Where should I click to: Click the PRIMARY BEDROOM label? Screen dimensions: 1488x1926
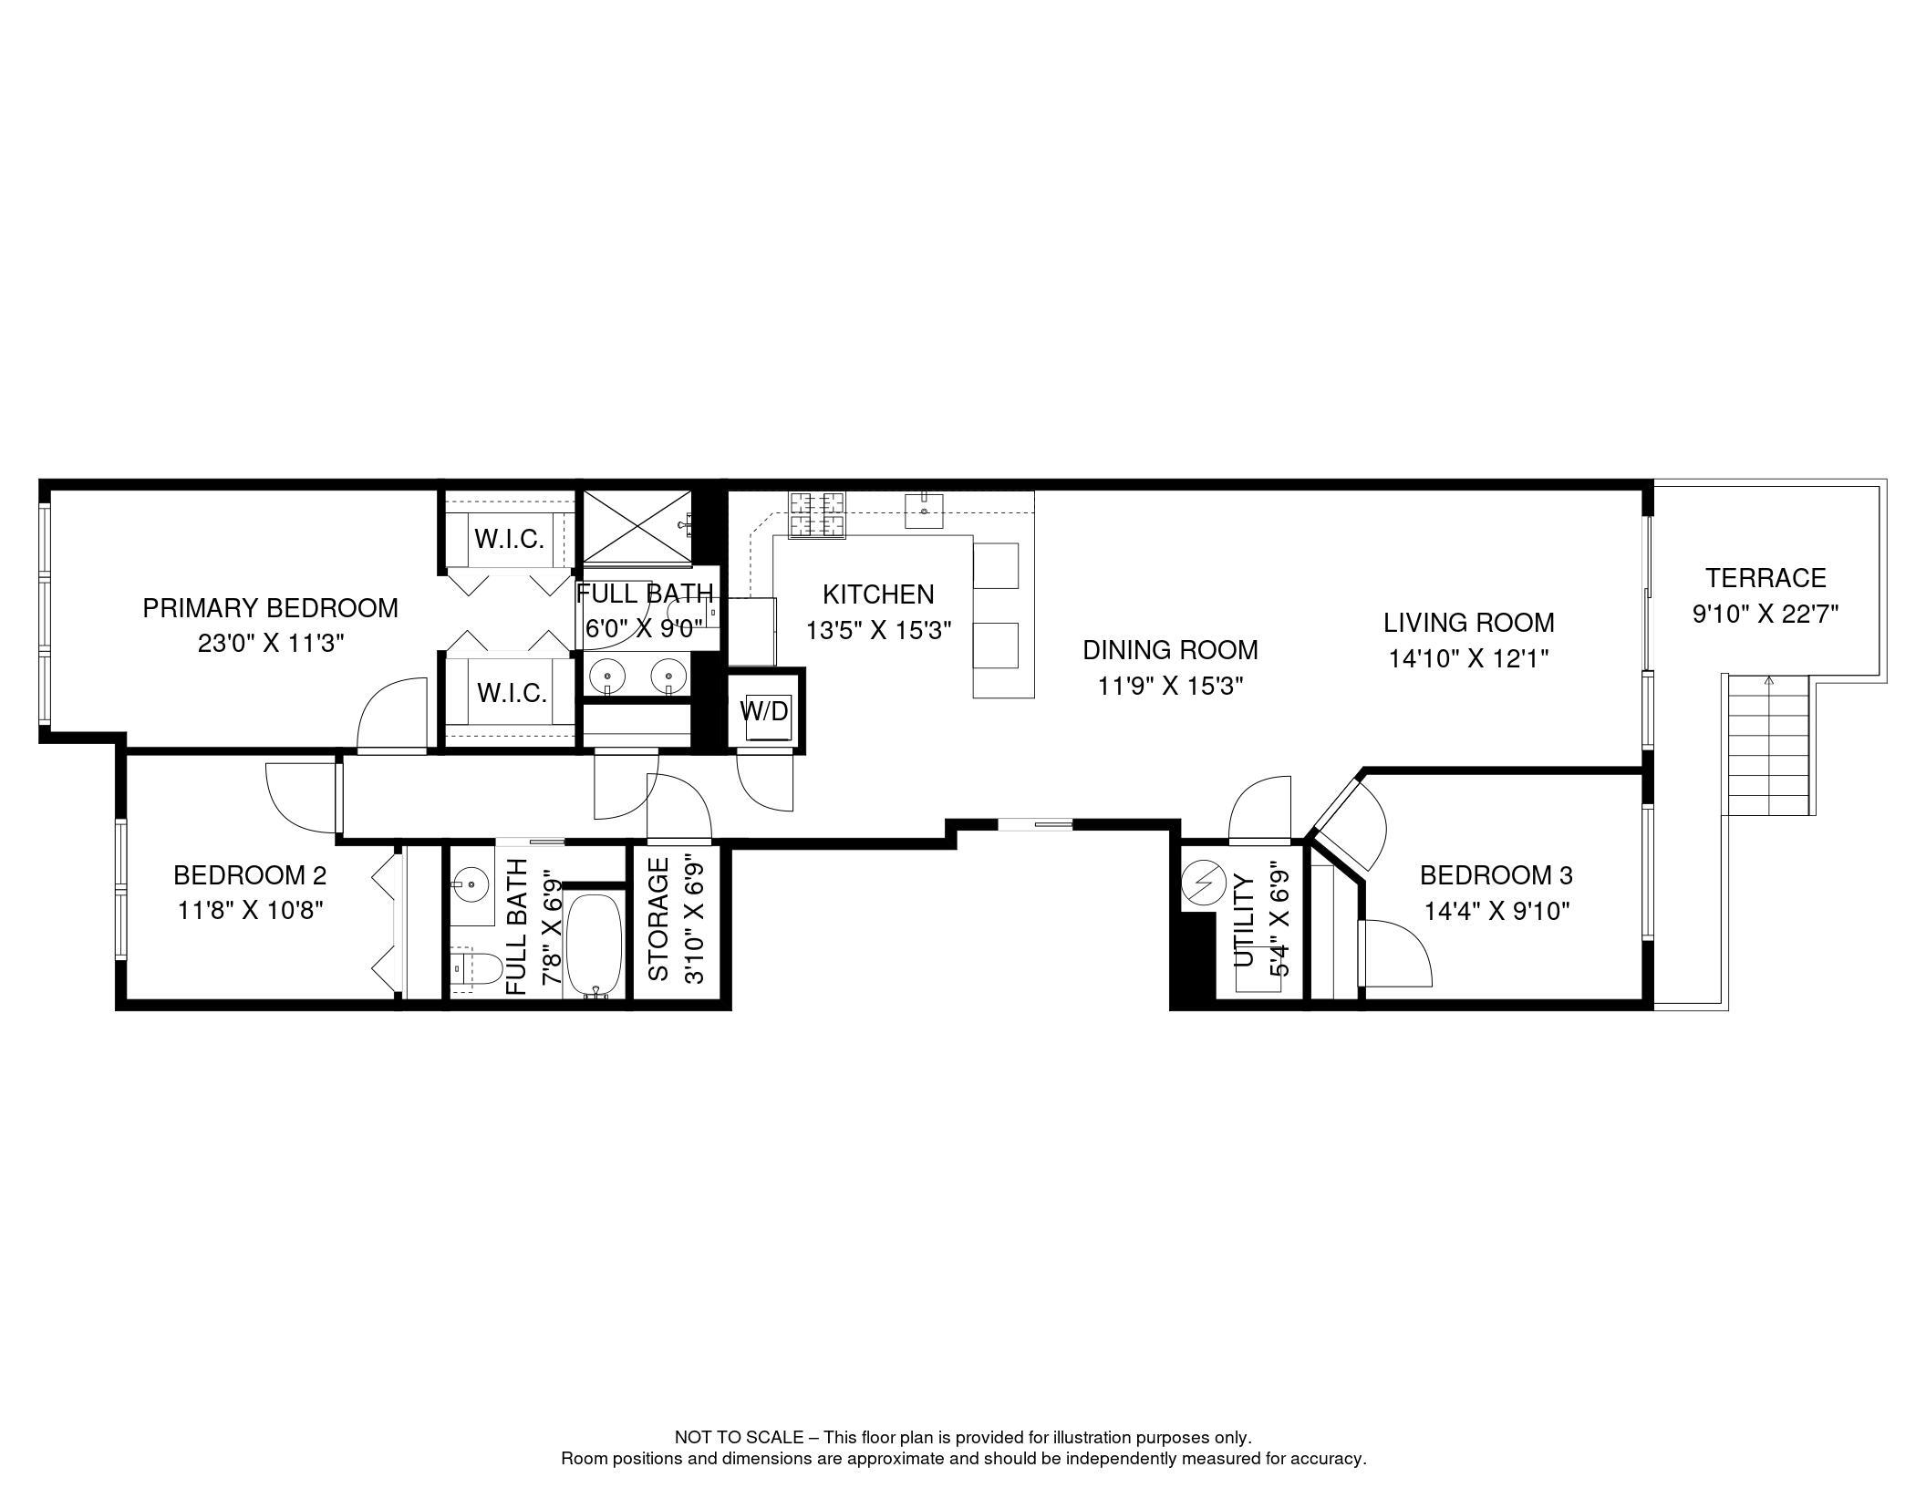click(270, 608)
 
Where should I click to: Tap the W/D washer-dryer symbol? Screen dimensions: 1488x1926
click(764, 711)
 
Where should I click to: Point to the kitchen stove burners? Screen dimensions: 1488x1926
click(817, 514)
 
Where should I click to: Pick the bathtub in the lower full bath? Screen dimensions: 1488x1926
click(595, 945)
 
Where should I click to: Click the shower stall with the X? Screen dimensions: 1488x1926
click(637, 527)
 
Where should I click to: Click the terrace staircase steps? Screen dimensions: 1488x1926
click(1768, 749)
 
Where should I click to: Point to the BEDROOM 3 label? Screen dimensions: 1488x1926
click(1496, 875)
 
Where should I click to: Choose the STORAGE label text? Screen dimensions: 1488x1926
click(658, 919)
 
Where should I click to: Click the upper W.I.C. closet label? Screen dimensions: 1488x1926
click(509, 539)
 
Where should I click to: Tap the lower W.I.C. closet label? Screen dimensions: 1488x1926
click(511, 694)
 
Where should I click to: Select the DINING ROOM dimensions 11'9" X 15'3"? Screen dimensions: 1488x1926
click(1170, 687)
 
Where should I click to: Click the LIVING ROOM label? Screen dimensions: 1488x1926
click(1468, 623)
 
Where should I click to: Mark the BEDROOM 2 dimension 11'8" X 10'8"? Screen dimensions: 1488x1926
click(251, 911)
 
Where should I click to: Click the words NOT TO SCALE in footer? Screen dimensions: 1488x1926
click(739, 1438)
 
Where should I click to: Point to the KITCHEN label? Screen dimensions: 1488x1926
click(877, 594)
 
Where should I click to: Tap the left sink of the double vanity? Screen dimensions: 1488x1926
click(606, 676)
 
